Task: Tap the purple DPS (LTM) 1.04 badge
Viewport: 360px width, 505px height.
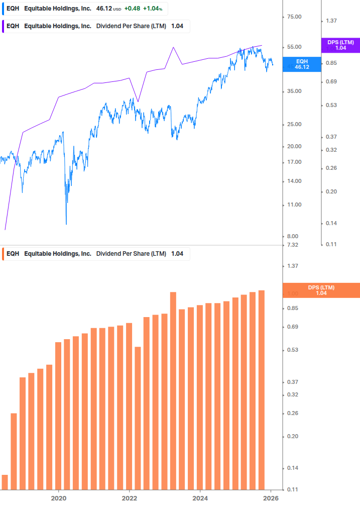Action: [340, 45]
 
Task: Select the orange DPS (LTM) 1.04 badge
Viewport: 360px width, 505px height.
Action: [321, 290]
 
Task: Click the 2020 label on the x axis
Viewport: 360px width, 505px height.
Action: [59, 497]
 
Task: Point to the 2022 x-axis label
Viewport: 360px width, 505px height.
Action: [130, 497]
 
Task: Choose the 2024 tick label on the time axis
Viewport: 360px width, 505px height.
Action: [200, 497]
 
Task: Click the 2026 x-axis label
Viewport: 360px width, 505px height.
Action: [271, 497]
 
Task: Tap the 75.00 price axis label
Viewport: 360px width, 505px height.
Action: [293, 17]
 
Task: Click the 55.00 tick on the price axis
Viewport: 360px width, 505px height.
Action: [293, 47]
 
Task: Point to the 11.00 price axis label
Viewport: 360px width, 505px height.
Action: [293, 205]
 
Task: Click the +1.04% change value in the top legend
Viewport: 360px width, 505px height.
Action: [154, 9]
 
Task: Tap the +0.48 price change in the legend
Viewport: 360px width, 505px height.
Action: [132, 9]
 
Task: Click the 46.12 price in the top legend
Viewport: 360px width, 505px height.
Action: [104, 9]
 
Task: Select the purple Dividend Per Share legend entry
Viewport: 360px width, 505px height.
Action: [95, 26]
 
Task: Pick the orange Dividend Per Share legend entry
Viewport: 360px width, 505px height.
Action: [95, 254]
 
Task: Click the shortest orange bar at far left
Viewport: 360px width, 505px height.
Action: [5, 481]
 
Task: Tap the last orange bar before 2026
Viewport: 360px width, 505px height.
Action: [261, 389]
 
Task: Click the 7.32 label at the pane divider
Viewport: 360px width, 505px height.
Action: [293, 245]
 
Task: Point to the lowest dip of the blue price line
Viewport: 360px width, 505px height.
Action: [66, 224]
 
